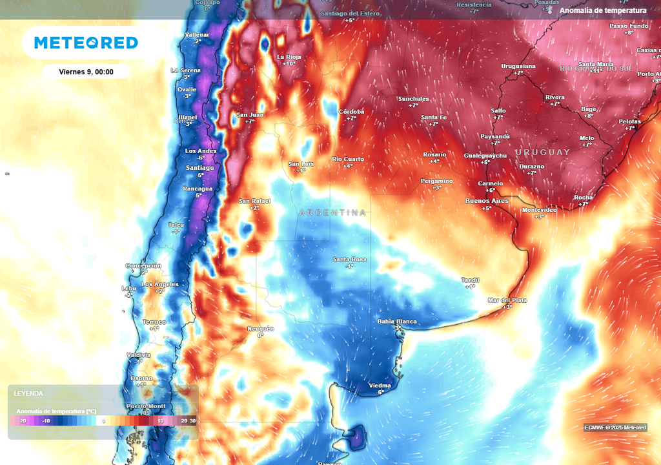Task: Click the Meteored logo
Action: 86,43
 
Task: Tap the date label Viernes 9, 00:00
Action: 86,72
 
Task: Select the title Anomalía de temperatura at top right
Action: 603,10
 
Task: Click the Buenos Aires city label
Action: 487,201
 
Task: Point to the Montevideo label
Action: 539,210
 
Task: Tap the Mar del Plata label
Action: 507,300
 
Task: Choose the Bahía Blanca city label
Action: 396,322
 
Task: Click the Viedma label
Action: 380,386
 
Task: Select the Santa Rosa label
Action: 349,260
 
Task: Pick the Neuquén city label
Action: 261,329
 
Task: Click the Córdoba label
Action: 352,112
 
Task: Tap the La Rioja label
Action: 289,57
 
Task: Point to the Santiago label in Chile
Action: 199,168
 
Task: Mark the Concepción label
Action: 143,266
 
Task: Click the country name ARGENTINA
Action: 333,212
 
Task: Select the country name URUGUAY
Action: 543,152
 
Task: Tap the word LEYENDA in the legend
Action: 28,393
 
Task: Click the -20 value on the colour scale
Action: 23,421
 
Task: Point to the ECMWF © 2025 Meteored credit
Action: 615,428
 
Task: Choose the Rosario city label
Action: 434,154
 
